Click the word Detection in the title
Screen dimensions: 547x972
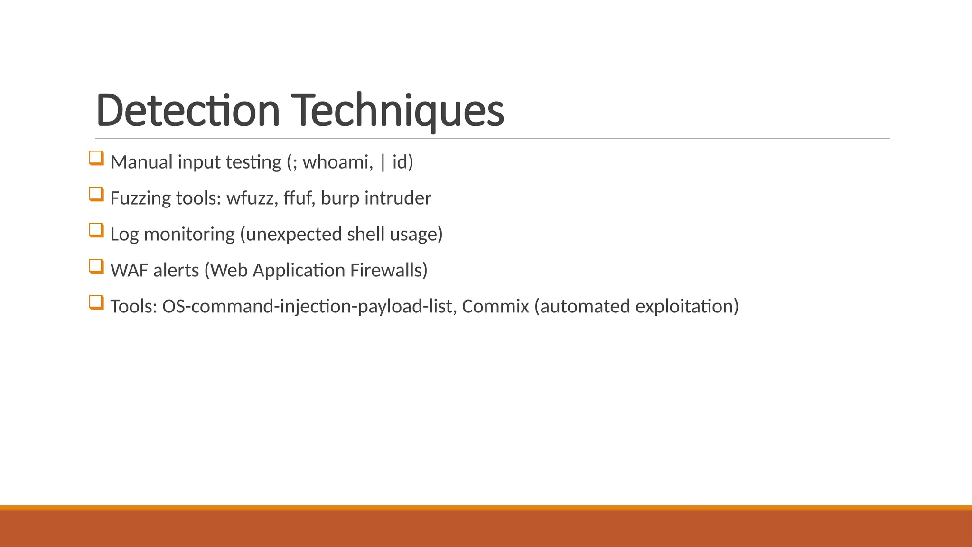tap(188, 110)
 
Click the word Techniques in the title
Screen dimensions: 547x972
tap(397, 110)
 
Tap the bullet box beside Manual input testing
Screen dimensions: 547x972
tap(96, 158)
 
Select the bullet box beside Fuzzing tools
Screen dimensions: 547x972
tap(96, 194)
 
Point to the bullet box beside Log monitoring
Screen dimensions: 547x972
tap(96, 230)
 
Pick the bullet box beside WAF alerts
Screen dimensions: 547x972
tap(96, 266)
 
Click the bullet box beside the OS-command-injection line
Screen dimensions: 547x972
tap(96, 302)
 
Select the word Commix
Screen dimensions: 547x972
tap(495, 307)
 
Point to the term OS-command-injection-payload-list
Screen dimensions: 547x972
tap(309, 307)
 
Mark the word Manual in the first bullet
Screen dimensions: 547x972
tap(141, 162)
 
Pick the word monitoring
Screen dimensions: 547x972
tap(189, 235)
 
